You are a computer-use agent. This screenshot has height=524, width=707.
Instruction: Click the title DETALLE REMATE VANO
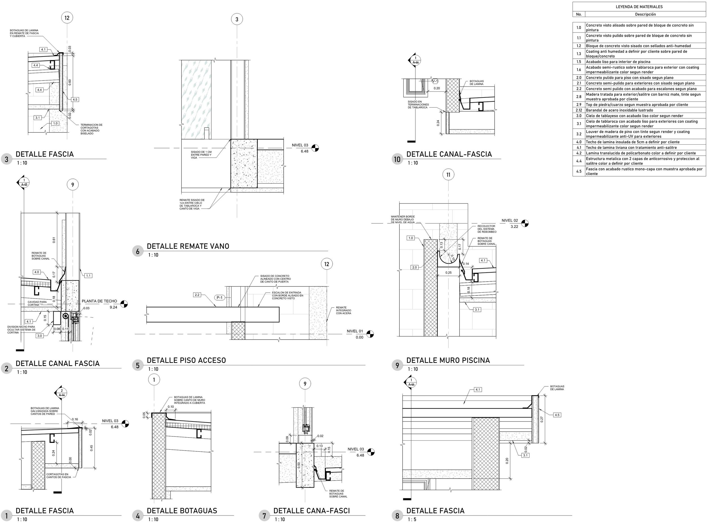188,246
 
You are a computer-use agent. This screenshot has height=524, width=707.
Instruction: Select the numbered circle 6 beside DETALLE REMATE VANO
137,251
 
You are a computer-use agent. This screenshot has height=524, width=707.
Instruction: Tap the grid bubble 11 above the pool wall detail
448,175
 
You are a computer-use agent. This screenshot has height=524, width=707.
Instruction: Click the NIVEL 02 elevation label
510,220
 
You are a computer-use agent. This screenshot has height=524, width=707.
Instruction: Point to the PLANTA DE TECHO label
99,301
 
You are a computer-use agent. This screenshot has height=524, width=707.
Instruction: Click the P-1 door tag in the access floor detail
219,297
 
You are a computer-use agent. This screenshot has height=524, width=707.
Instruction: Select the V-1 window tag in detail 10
435,81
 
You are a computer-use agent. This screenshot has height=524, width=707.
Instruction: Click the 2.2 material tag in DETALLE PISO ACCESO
197,295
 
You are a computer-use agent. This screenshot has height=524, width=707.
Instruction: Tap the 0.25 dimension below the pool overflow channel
448,273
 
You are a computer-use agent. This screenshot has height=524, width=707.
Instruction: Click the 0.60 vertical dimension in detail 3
70,82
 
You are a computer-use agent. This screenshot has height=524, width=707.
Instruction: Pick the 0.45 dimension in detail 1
92,448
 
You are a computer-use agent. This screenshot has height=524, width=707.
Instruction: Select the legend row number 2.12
579,110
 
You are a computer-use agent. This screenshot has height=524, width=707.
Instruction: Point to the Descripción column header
645,14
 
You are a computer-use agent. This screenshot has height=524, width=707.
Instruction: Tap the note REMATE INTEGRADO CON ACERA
344,310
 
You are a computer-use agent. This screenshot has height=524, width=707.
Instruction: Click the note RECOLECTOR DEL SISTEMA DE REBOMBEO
487,229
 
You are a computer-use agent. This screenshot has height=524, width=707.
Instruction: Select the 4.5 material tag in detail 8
557,415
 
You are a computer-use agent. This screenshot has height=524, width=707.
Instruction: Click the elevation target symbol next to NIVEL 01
370,334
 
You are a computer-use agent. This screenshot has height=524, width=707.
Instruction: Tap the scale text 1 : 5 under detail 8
412,519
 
